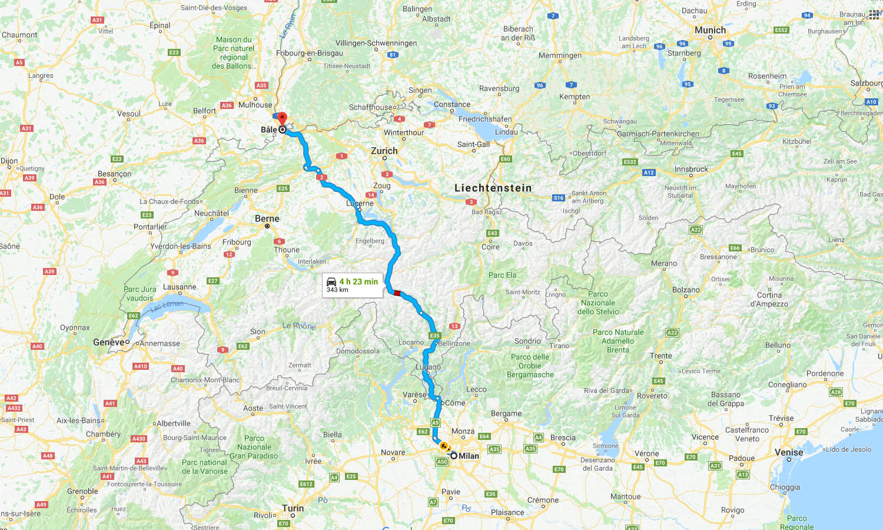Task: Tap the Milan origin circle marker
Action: point(454,455)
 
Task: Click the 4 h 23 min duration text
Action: point(358,281)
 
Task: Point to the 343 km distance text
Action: point(337,290)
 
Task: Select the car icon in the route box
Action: point(331,282)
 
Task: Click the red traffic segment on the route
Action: point(397,293)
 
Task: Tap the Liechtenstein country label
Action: point(493,188)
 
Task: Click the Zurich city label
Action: point(384,151)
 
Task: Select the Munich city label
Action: point(710,30)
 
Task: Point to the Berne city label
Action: point(267,218)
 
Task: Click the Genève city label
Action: point(109,342)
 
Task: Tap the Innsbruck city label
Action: point(691,169)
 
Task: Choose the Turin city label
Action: point(293,508)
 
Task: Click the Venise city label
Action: point(789,452)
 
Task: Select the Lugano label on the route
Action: point(428,367)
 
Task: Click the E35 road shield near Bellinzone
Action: point(434,336)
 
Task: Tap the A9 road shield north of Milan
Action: point(435,423)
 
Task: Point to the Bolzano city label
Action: point(686,290)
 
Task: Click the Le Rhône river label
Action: point(299,326)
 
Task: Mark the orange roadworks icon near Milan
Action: point(443,446)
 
